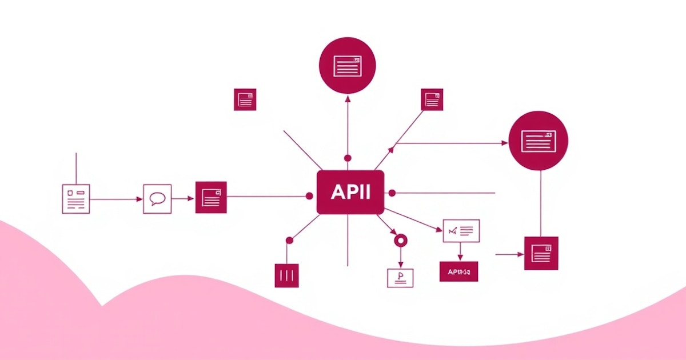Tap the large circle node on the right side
538,141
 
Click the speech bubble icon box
157,199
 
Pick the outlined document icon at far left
76,198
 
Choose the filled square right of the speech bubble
211,197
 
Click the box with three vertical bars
286,275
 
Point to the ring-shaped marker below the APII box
401,241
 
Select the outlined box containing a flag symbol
400,277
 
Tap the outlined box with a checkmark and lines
461,230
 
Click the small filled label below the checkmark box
458,271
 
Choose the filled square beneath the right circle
541,253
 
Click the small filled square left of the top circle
245,99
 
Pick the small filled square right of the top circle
432,99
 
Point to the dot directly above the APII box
348,158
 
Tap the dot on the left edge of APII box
310,196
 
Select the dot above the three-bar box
289,241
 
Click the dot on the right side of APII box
392,193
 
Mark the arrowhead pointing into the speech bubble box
139,199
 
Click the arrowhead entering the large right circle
505,143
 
